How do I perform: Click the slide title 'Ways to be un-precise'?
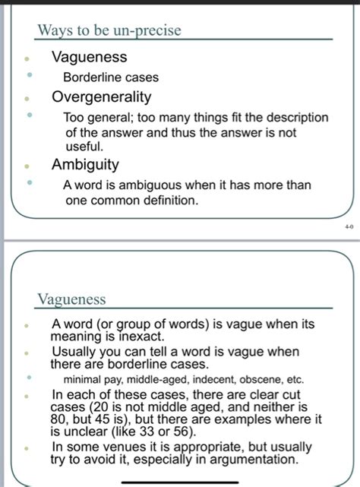(108, 30)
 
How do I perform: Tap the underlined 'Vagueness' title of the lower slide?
(71, 299)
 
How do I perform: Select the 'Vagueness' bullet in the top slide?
(89, 58)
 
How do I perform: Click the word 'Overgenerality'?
(101, 97)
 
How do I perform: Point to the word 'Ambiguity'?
(85, 164)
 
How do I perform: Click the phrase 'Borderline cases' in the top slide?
(110, 77)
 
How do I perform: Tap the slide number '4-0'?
(349, 226)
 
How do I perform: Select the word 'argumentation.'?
(254, 460)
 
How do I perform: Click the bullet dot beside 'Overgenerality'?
(28, 98)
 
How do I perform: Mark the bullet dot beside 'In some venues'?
(28, 448)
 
